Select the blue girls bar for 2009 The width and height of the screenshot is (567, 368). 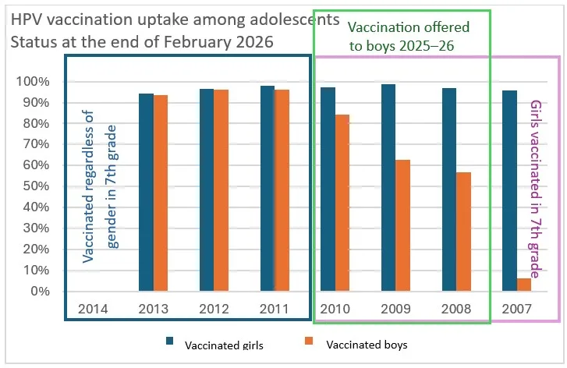[388, 187]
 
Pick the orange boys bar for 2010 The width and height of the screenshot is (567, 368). [342, 203]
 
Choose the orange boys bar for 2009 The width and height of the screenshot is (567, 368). [402, 225]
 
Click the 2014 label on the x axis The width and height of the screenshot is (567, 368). [93, 308]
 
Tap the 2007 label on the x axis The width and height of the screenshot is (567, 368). [516, 308]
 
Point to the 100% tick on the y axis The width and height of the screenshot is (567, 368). [34, 82]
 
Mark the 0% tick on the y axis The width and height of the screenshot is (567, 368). [39, 292]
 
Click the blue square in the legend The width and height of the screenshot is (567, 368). [169, 342]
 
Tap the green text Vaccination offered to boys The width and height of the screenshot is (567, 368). [401, 37]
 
